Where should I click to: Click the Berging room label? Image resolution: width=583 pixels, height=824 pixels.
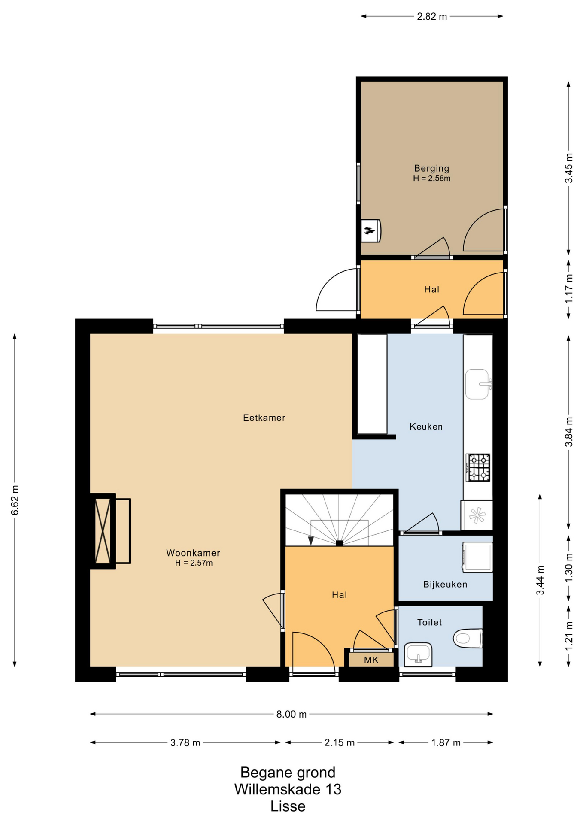(431, 168)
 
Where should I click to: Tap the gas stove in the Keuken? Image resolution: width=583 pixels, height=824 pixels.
(478, 467)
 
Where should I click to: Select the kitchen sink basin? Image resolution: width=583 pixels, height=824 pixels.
(477, 384)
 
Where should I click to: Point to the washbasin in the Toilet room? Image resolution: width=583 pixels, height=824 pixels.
(418, 654)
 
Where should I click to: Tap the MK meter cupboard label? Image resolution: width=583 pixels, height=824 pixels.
(371, 660)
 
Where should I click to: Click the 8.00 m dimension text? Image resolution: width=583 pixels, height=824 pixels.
(291, 714)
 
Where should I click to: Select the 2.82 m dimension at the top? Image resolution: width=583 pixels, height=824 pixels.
(432, 16)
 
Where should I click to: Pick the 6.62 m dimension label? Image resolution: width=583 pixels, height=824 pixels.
(15, 500)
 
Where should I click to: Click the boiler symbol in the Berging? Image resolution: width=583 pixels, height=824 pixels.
(370, 231)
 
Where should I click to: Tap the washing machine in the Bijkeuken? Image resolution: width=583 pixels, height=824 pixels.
(477, 557)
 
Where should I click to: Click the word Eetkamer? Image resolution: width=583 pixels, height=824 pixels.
(264, 418)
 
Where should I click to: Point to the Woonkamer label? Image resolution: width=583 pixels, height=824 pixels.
(193, 553)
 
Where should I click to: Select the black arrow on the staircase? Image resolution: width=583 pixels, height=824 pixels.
(311, 541)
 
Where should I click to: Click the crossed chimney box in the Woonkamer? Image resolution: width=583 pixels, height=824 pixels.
(103, 531)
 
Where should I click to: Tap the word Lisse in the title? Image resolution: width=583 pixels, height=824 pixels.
(288, 806)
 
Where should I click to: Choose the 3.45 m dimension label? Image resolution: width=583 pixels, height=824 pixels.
(569, 168)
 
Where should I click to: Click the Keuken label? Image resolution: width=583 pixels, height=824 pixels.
(426, 427)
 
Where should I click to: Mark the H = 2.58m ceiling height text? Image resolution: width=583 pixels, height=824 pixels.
(431, 178)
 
